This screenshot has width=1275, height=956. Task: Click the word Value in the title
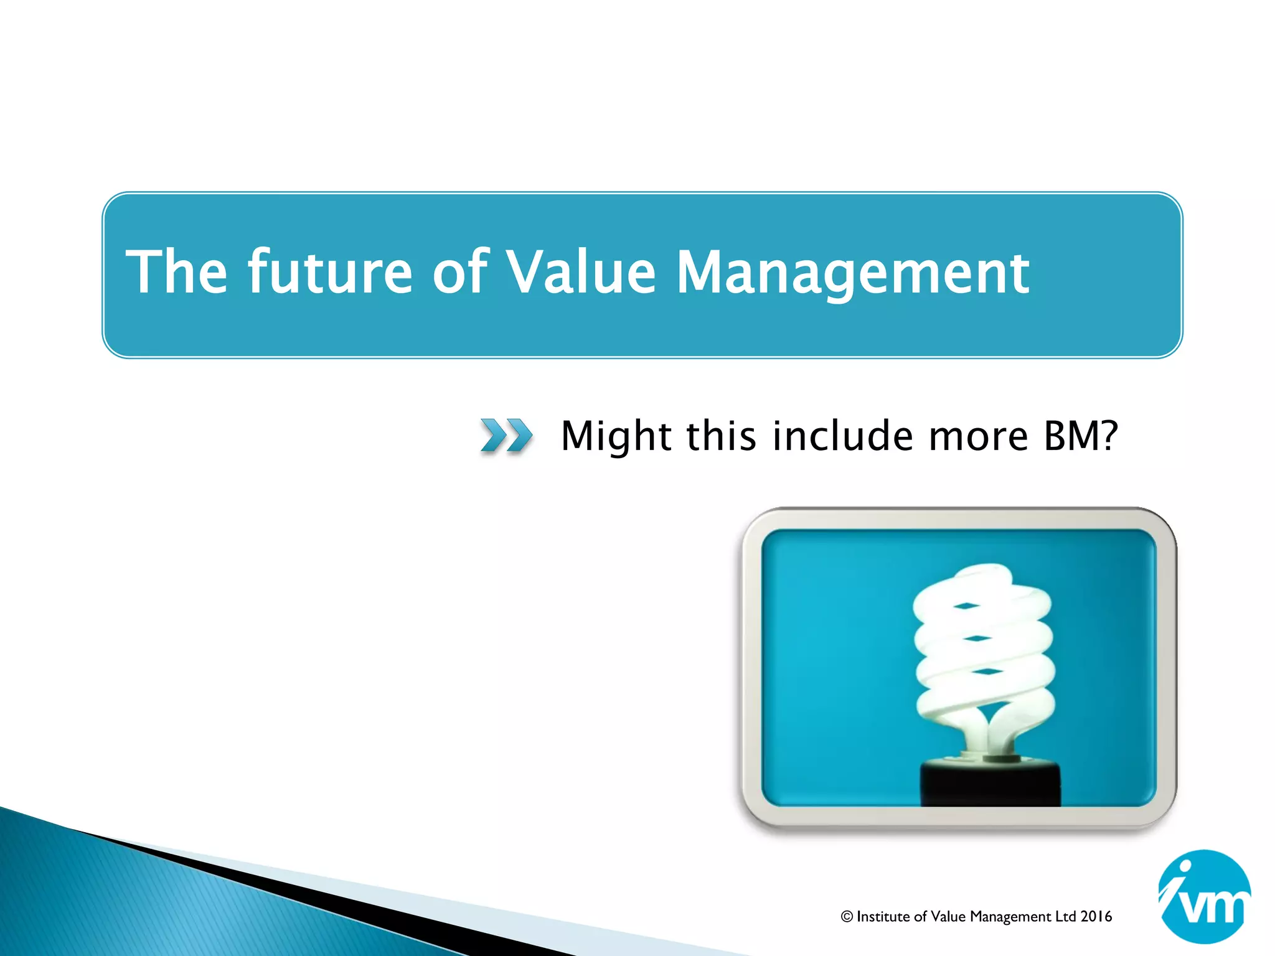pyautogui.click(x=580, y=272)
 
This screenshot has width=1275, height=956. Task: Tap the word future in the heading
pyautogui.click(x=330, y=272)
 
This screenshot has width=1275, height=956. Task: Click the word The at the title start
pyautogui.click(x=177, y=272)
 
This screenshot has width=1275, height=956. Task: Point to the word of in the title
pyautogui.click(x=459, y=272)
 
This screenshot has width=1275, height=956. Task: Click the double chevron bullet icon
pyautogui.click(x=506, y=435)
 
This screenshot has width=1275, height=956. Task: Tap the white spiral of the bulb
pyautogui.click(x=984, y=647)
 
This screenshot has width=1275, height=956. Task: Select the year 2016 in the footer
pyautogui.click(x=1096, y=916)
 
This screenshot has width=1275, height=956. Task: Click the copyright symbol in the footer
pyautogui.click(x=847, y=916)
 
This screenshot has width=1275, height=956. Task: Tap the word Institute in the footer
pyautogui.click(x=883, y=916)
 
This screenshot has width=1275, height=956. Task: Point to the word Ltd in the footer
pyautogui.click(x=1066, y=916)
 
